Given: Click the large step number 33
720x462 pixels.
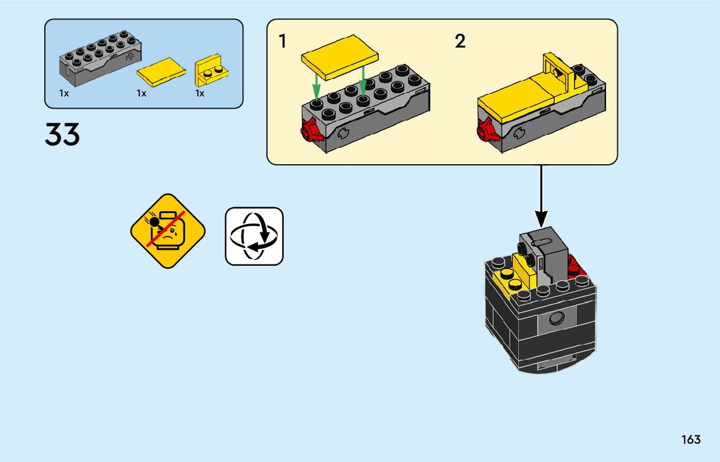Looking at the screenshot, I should click(x=62, y=135).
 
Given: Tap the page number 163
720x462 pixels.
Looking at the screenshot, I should click(x=691, y=439).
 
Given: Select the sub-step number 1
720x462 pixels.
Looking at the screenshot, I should click(x=283, y=42).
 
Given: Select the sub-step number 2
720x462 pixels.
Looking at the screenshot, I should click(x=460, y=42).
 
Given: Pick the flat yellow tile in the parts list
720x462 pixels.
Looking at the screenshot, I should click(x=160, y=72).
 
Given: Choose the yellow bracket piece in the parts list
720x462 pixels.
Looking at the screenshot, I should click(x=212, y=72).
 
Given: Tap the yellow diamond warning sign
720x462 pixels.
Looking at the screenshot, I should click(x=168, y=231).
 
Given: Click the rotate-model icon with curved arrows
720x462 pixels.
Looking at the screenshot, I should click(x=254, y=236).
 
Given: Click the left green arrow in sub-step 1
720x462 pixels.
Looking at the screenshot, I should click(x=316, y=86).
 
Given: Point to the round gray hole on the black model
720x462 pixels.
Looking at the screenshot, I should click(x=555, y=319).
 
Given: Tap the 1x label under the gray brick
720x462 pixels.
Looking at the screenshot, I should click(x=64, y=93).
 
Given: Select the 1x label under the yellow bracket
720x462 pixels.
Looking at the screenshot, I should click(x=200, y=93).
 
